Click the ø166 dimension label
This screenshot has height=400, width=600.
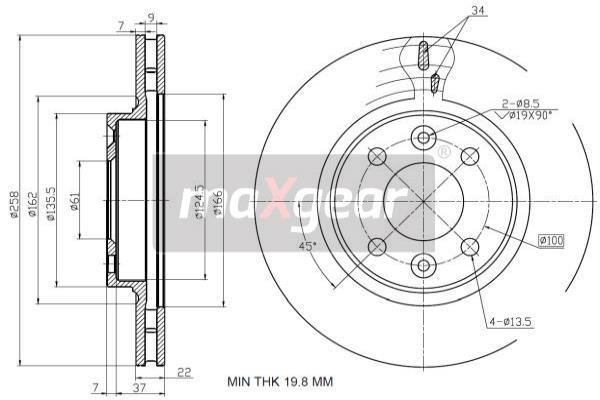click(217, 206)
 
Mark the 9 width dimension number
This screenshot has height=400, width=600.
click(150, 15)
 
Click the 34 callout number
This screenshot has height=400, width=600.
click(478, 11)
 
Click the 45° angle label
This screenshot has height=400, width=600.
click(308, 246)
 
